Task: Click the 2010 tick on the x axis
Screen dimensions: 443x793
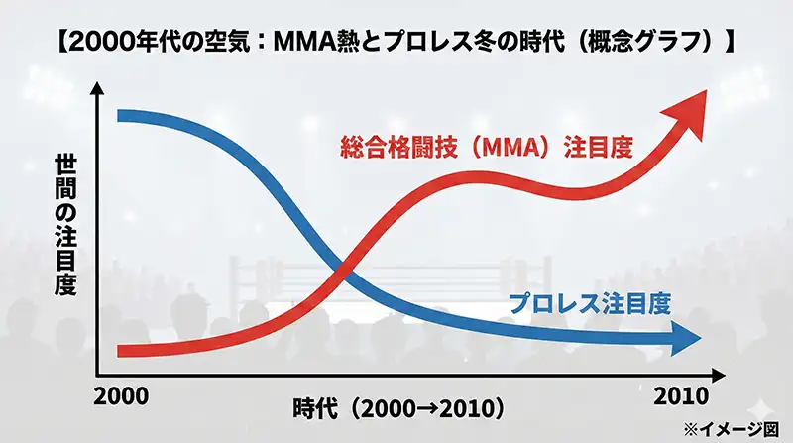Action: [681, 394]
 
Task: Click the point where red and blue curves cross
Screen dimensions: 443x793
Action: [342, 266]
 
